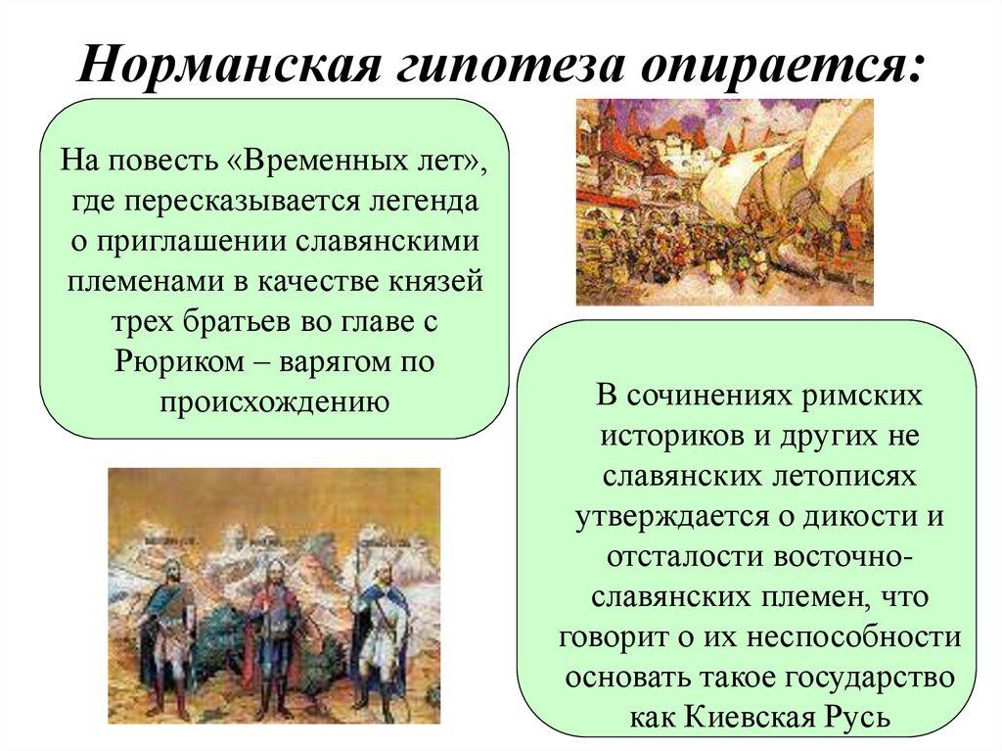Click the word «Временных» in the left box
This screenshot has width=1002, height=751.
[x=333, y=160]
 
